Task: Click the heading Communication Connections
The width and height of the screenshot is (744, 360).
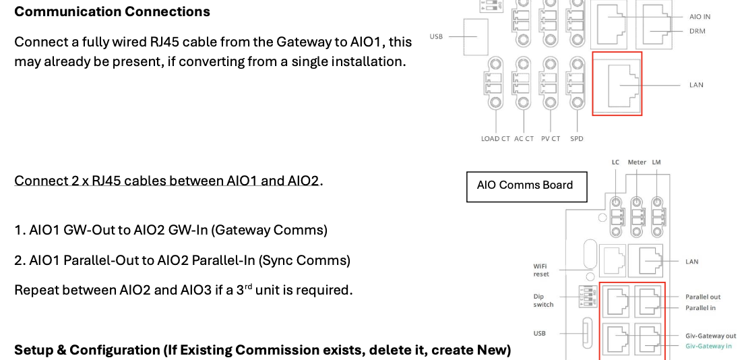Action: pyautogui.click(x=112, y=11)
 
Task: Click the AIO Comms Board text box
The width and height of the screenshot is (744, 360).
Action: pyautogui.click(x=527, y=187)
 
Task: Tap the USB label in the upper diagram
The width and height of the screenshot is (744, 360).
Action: pyautogui.click(x=436, y=36)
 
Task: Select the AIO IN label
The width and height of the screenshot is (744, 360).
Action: pyautogui.click(x=700, y=17)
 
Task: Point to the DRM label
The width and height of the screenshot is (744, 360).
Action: pyautogui.click(x=697, y=31)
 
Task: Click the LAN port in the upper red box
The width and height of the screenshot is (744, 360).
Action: pyautogui.click(x=617, y=84)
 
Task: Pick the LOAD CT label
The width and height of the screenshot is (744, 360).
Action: pyautogui.click(x=495, y=139)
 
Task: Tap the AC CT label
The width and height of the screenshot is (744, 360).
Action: pyautogui.click(x=524, y=139)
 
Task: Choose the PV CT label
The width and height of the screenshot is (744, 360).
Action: pyautogui.click(x=551, y=139)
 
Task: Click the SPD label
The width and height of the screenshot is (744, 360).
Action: pyautogui.click(x=576, y=139)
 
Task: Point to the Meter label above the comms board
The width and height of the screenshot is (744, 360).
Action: pyautogui.click(x=637, y=162)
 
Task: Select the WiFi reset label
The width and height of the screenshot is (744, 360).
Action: pyautogui.click(x=541, y=270)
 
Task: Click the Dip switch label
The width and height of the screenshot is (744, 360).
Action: pyautogui.click(x=543, y=301)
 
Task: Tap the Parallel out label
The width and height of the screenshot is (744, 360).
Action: pyautogui.click(x=703, y=297)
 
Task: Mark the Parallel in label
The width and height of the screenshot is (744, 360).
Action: pyautogui.click(x=700, y=308)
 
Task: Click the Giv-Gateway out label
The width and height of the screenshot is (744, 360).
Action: pyautogui.click(x=711, y=335)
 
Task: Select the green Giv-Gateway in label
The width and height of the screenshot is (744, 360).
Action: pyautogui.click(x=708, y=346)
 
